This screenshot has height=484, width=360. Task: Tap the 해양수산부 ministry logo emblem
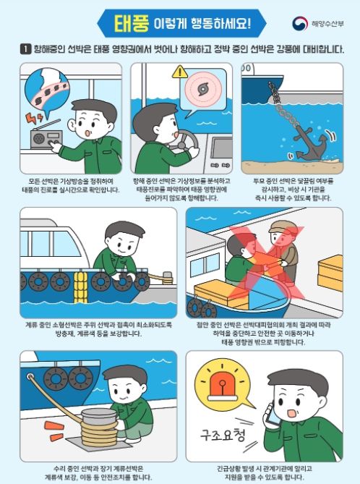(x=300, y=24)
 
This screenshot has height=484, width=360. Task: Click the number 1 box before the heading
(x=25, y=49)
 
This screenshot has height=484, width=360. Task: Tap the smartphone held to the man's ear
(x=272, y=415)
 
